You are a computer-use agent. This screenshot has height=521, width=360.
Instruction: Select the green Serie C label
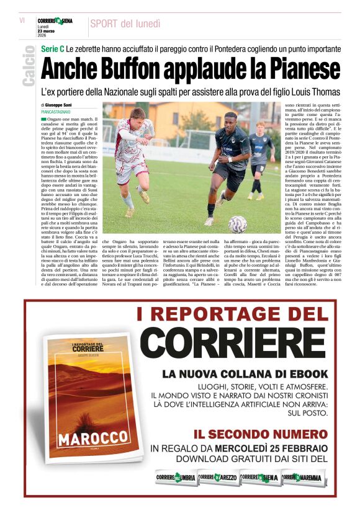[x=53, y=48]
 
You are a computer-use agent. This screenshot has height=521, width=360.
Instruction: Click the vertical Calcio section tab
[x=28, y=66]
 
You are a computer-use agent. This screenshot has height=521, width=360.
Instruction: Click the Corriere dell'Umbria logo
[x=176, y=478]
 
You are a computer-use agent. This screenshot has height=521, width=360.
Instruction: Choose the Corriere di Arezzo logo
[x=218, y=478]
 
